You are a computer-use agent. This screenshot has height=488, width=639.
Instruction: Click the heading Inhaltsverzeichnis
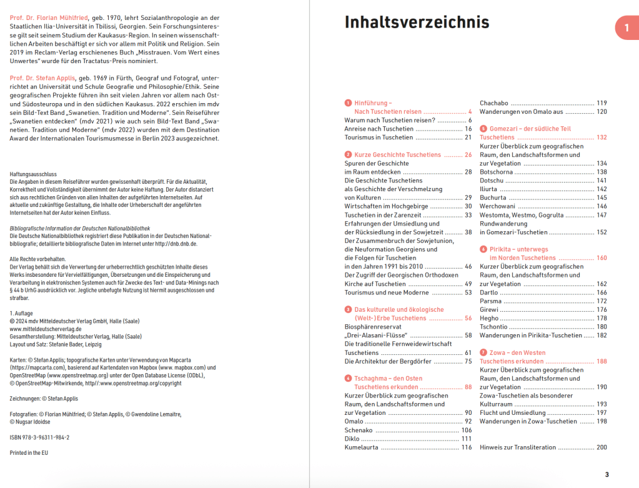pyautogui.click(x=417, y=22)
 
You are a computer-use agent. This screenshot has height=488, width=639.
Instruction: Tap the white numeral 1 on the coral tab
pyautogui.click(x=626, y=27)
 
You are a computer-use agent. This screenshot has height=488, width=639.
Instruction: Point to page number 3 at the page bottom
pyautogui.click(x=606, y=475)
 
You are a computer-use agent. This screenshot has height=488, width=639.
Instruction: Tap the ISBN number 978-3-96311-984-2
pyautogui.click(x=40, y=437)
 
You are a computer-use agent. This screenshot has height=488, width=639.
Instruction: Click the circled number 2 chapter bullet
pyautogui.click(x=348, y=154)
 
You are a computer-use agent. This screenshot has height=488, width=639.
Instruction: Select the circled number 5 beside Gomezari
pyautogui.click(x=483, y=129)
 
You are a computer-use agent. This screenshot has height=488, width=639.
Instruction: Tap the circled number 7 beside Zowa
pyautogui.click(x=483, y=353)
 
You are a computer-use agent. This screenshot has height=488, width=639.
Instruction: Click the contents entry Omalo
pyautogui.click(x=354, y=422)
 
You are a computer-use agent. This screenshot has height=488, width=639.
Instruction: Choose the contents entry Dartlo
pyautogui.click(x=489, y=292)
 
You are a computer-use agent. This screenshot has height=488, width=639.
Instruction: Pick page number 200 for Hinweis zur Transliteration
pyautogui.click(x=601, y=447)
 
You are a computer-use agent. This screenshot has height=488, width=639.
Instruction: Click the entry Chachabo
pyautogui.click(x=493, y=103)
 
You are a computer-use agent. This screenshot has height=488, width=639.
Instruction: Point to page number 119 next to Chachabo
pyautogui.click(x=601, y=103)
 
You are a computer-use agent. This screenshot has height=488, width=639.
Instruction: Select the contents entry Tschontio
pyautogui.click(x=493, y=327)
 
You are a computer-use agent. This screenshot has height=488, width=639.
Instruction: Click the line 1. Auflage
pyautogui.click(x=22, y=313)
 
